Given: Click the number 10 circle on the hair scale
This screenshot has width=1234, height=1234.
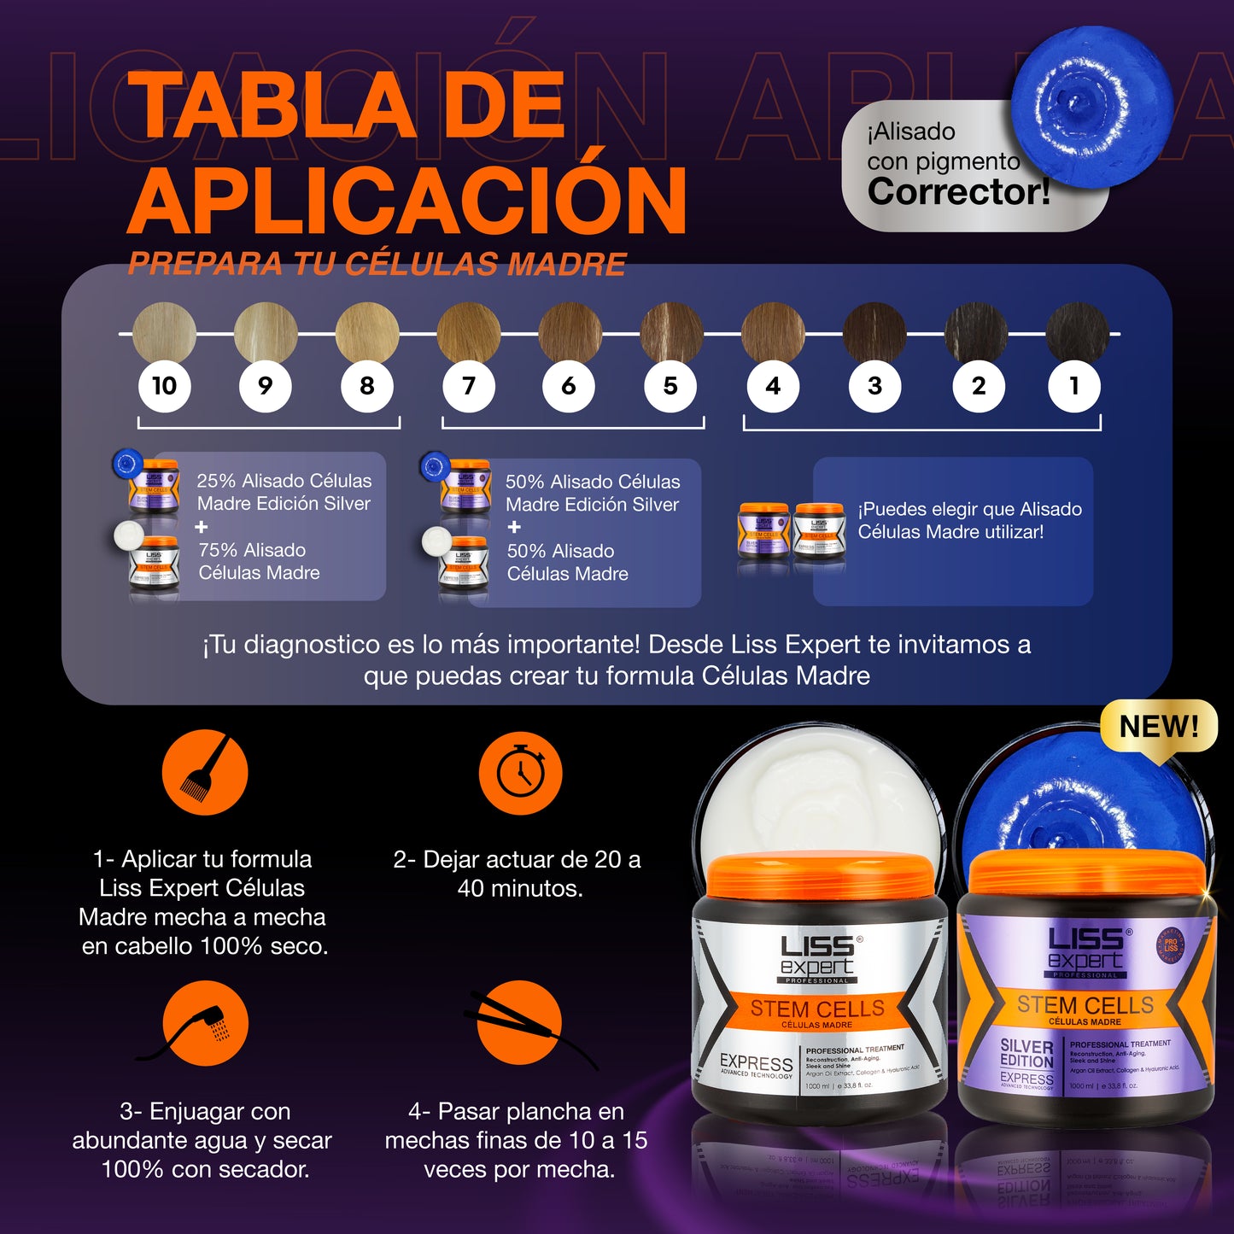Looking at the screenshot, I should (165, 386).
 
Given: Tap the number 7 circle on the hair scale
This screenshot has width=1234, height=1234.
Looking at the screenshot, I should (469, 386).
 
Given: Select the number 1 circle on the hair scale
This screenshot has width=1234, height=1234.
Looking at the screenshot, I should (1074, 386).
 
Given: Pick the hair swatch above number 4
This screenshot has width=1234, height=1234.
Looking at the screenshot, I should (773, 332).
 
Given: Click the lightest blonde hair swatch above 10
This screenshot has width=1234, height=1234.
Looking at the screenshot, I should (165, 332).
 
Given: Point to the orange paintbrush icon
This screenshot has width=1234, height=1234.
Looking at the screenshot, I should (205, 773).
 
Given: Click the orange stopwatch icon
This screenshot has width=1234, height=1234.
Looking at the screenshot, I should (520, 773).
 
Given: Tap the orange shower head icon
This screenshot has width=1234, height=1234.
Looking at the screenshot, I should (205, 1023).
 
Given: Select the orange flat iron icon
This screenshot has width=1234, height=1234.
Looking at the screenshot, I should (519, 1023).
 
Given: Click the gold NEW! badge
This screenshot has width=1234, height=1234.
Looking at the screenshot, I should (1159, 728).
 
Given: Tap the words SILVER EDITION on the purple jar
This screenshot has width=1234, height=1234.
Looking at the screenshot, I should (1026, 1053).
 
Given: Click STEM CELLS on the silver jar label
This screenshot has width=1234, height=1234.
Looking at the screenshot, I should (817, 1009).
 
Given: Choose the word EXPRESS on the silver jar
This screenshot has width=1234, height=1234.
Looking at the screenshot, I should (756, 1063).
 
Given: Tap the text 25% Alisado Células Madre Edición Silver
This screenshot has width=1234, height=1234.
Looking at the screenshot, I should (284, 492).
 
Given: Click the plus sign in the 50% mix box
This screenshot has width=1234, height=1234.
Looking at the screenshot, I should (514, 528).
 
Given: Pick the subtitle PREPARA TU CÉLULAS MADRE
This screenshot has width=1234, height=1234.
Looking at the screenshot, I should (377, 264).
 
